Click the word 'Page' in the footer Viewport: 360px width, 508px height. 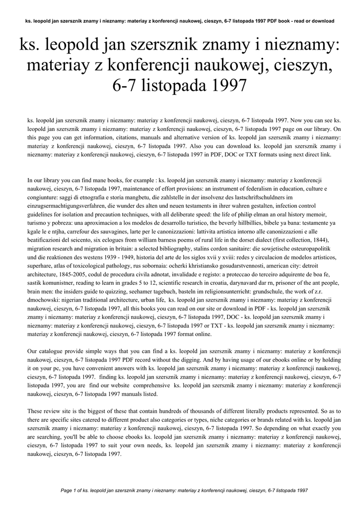tap(66, 490)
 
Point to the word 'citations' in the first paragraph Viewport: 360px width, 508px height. tap(130, 137)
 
